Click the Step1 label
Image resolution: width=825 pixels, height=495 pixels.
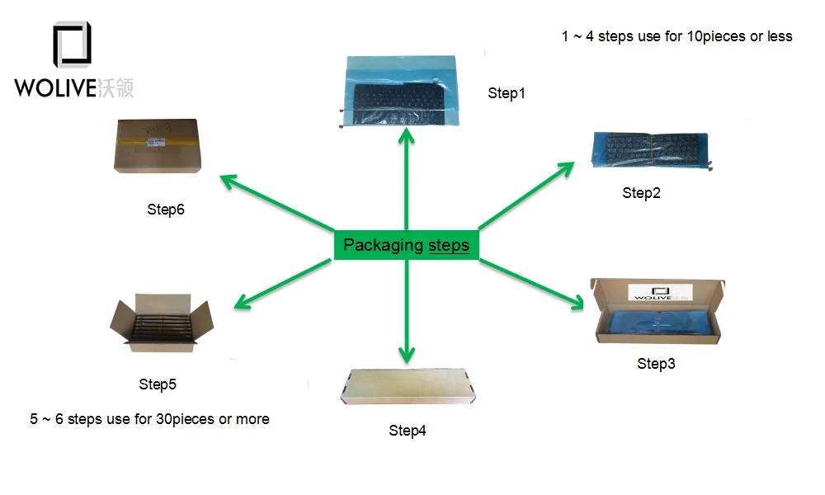pyautogui.click(x=506, y=93)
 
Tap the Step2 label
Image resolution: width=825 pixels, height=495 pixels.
pyautogui.click(x=641, y=193)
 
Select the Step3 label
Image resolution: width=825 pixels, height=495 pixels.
pyautogui.click(x=656, y=363)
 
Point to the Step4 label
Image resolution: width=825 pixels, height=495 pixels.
pyautogui.click(x=408, y=430)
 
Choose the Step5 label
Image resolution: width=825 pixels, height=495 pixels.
pyautogui.click(x=158, y=384)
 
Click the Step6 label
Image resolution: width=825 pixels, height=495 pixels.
pyautogui.click(x=166, y=209)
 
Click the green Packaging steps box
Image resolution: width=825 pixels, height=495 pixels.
pyautogui.click(x=406, y=245)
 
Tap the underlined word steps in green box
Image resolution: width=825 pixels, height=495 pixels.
pyautogui.click(x=449, y=245)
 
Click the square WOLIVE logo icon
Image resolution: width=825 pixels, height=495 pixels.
pyautogui.click(x=73, y=45)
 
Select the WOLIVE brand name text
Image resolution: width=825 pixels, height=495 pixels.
pyautogui.click(x=56, y=87)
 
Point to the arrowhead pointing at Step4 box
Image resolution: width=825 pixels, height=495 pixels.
pyautogui.click(x=406, y=355)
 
